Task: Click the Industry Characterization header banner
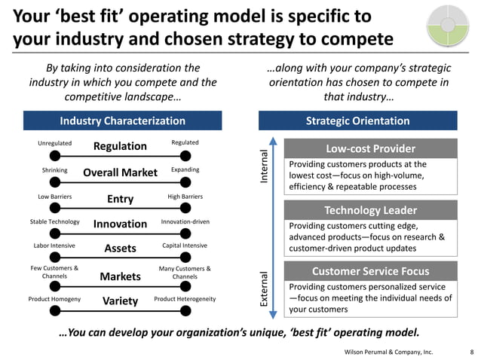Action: (122, 121)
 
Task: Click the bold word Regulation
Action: (120, 146)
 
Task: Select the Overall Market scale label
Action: (120, 172)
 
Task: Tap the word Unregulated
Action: (54, 143)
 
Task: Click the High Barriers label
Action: (185, 197)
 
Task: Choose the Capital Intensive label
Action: (185, 246)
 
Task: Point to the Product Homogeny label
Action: (54, 299)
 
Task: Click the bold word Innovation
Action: (120, 224)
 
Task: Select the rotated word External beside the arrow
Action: (264, 289)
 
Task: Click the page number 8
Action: (470, 351)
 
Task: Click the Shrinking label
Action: (54, 169)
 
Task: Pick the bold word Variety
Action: (120, 301)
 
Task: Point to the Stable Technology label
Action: (54, 221)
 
